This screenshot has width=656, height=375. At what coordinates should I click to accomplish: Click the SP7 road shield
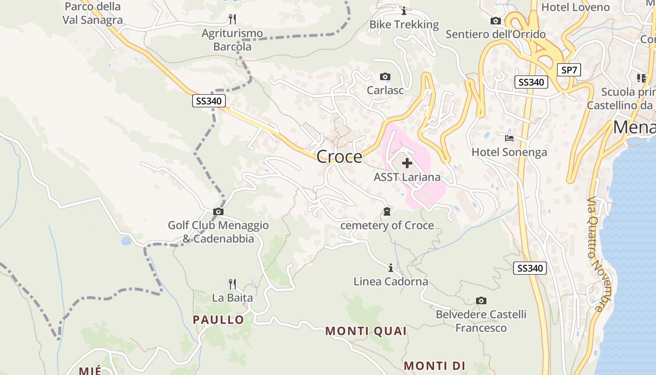(569, 70)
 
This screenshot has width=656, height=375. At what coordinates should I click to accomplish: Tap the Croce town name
(339, 157)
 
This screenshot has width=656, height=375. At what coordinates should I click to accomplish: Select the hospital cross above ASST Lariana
(407, 163)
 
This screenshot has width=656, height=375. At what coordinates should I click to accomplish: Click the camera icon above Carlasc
(385, 76)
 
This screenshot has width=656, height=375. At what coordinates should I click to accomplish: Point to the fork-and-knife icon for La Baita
(232, 284)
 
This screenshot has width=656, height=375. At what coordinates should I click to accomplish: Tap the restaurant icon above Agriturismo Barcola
(232, 19)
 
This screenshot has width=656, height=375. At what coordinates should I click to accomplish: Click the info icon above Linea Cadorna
(391, 268)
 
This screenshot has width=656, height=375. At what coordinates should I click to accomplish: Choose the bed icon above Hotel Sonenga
(509, 138)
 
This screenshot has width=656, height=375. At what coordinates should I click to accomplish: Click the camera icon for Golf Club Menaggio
(218, 212)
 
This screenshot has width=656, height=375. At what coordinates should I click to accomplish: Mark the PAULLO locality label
(218, 320)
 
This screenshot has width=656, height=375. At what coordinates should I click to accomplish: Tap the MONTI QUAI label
(366, 331)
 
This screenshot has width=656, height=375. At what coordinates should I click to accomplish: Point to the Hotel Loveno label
(575, 7)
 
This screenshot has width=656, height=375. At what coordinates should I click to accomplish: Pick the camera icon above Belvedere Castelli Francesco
(481, 300)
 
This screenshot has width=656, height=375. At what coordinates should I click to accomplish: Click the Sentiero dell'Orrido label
(496, 34)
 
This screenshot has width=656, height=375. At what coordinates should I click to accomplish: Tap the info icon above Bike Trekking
(404, 11)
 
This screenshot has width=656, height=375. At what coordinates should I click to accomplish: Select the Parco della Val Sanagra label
(92, 13)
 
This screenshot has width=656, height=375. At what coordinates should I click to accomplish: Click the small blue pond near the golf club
(126, 241)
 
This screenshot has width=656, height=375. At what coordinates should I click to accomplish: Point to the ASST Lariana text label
(407, 177)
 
